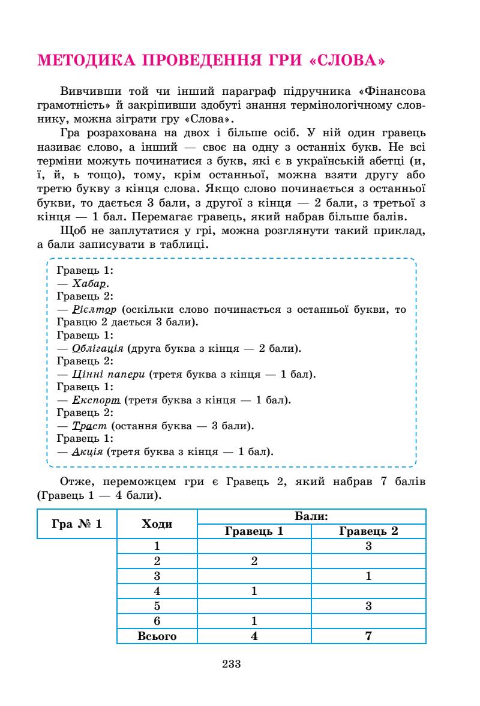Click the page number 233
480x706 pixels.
231,663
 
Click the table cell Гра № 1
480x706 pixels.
77,523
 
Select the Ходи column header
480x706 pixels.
157,523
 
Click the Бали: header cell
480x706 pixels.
311,516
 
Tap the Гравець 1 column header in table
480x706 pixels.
254,531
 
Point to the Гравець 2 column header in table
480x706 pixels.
368,531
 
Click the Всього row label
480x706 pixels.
157,636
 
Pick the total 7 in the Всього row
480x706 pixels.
368,636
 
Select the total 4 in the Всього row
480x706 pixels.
254,636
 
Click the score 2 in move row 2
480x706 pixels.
254,561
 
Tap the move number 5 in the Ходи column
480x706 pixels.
157,606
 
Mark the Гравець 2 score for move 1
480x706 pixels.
368,546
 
